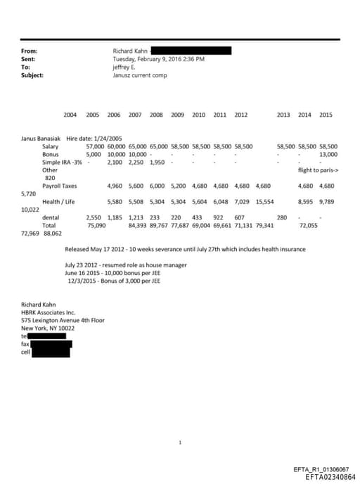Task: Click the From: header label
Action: click(30, 51)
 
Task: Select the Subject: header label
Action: click(32, 75)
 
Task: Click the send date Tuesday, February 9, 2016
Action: click(158, 59)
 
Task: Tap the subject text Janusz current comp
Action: click(140, 75)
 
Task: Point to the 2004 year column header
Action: click(70, 115)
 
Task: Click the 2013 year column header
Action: click(283, 115)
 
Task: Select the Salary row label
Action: click(51, 146)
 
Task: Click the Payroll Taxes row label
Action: click(59, 186)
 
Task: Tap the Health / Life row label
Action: click(58, 202)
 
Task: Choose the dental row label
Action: click(51, 218)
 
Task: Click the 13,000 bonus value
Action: click(328, 154)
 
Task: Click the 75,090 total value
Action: click(96, 226)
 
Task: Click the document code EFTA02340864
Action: click(330, 477)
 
